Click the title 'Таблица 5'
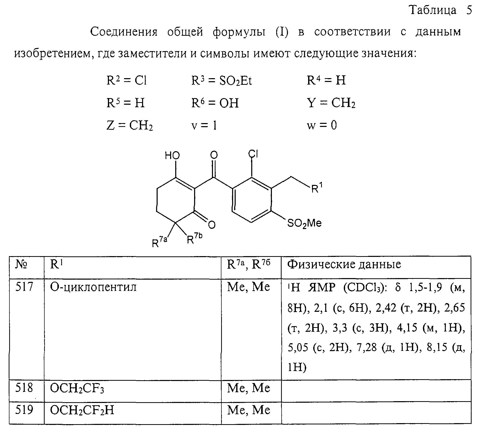click(x=441, y=10)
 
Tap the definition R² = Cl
click(x=127, y=81)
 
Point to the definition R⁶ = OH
click(x=215, y=103)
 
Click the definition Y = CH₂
click(x=331, y=103)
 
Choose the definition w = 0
click(x=322, y=125)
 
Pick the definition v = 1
click(x=204, y=125)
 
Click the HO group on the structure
click(x=172, y=156)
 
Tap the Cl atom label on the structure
click(x=254, y=154)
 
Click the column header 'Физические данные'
click(x=344, y=265)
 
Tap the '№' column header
click(x=21, y=265)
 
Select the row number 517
click(x=24, y=287)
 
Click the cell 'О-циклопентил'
click(x=93, y=287)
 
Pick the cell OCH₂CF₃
click(x=77, y=389)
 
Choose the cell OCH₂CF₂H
click(x=82, y=411)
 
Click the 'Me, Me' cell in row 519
click(x=248, y=410)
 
